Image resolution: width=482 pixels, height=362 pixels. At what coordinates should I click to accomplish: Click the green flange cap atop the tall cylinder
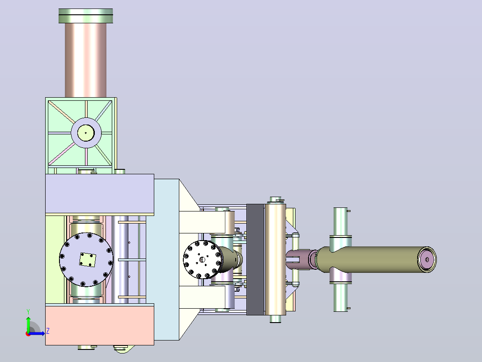click(x=86, y=16)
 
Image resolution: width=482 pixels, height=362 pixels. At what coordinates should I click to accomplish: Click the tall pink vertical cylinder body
click(x=86, y=60)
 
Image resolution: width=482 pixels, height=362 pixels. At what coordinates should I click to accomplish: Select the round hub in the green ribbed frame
click(x=86, y=133)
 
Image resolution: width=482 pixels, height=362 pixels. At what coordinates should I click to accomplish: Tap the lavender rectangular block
click(x=100, y=194)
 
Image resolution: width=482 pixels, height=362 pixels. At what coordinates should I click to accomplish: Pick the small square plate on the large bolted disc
click(x=88, y=260)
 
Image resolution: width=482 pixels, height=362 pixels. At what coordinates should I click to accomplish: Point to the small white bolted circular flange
click(x=202, y=260)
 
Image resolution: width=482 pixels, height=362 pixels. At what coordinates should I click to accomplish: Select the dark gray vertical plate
click(x=255, y=259)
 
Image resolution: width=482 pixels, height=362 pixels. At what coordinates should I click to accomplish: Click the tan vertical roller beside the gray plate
click(x=275, y=259)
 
